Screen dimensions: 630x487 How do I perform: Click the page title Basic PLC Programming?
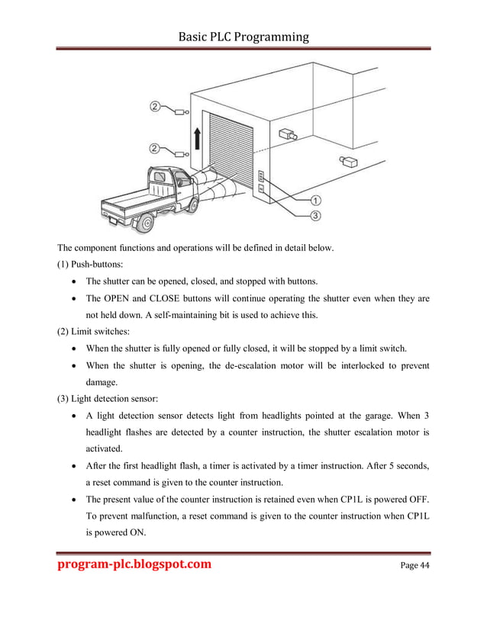pos(243,36)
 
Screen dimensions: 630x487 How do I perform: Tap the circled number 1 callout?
pos(315,200)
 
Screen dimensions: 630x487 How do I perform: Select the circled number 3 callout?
pos(315,216)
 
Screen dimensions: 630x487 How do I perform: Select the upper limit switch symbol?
pos(182,112)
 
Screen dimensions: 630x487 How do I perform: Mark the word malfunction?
pos(163,516)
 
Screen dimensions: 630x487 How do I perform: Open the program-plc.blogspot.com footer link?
pos(135,564)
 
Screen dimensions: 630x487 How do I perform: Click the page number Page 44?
pos(414,565)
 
